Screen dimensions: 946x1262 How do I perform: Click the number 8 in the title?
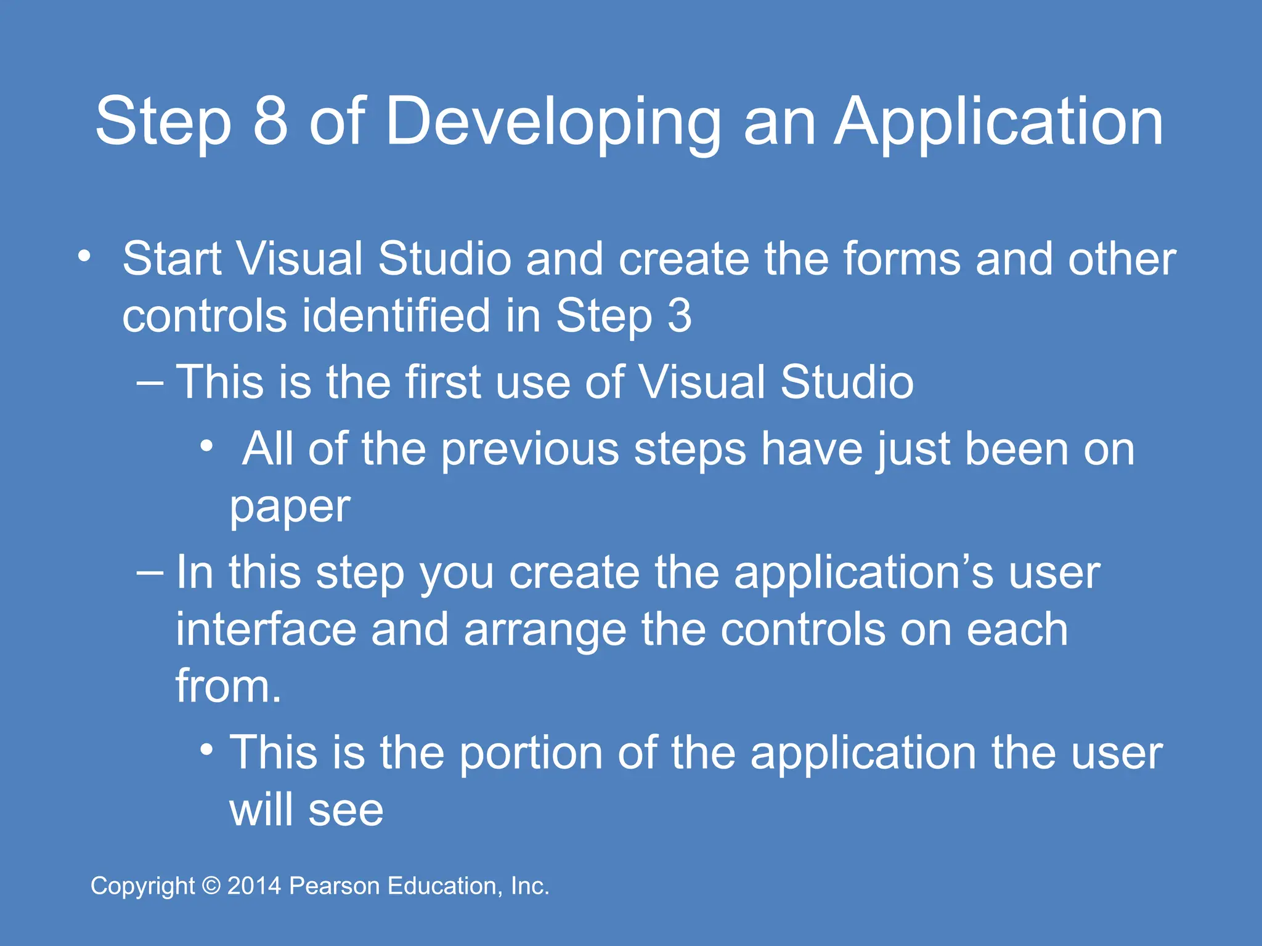[271, 121]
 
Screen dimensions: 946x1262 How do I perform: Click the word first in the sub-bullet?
[443, 382]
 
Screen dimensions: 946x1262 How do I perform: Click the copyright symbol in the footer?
[211, 886]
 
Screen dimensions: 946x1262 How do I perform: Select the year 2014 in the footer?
[254, 886]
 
